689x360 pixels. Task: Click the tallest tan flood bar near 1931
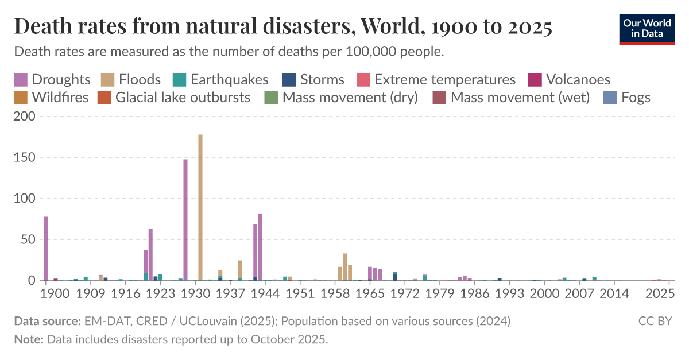(x=200, y=207)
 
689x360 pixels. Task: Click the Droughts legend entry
(x=52, y=79)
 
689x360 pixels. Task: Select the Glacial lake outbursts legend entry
(x=175, y=97)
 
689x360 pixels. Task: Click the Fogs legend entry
(x=627, y=97)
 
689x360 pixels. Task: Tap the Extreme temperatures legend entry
(x=436, y=79)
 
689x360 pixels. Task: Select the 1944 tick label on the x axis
(x=265, y=294)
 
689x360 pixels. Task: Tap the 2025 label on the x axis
(x=660, y=294)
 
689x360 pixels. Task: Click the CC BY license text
(x=655, y=320)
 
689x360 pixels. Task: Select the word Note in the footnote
(x=28, y=339)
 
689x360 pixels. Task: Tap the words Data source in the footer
(x=47, y=320)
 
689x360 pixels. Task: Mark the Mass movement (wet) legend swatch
(x=439, y=97)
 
